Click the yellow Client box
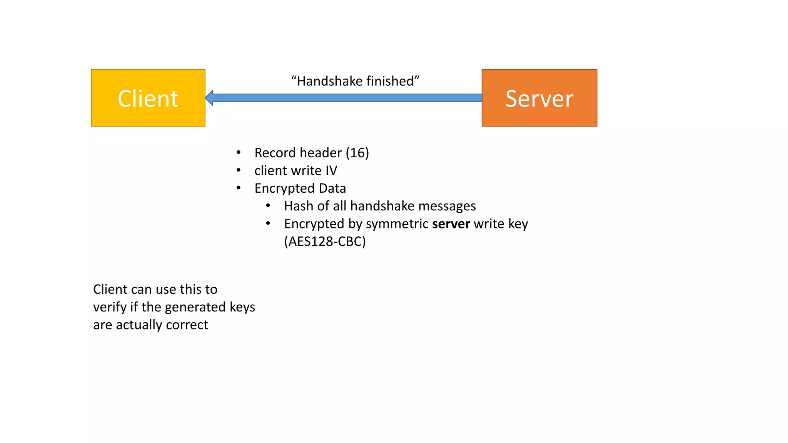click(x=148, y=98)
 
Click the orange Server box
click(x=539, y=98)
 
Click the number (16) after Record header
click(x=357, y=153)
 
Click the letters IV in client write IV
click(x=331, y=170)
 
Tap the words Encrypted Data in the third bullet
click(x=300, y=188)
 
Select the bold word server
click(x=451, y=224)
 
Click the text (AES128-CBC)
click(x=325, y=241)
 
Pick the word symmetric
click(x=397, y=224)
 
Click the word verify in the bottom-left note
click(x=110, y=307)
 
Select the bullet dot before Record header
click(x=239, y=153)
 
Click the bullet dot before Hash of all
click(x=268, y=206)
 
